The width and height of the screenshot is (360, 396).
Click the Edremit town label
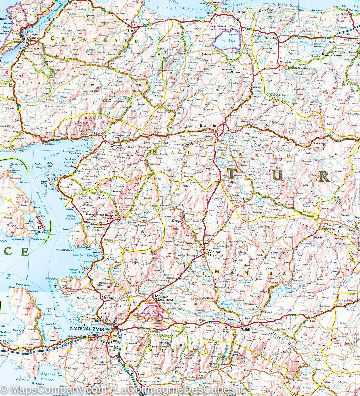(x=99, y=133)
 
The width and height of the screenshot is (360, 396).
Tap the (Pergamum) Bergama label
(x=99, y=214)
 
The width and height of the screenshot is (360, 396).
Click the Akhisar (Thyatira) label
(x=214, y=254)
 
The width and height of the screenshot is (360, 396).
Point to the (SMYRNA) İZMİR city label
(x=85, y=329)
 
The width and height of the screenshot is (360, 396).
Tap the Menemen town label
(x=109, y=298)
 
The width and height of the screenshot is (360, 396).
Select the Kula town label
(x=313, y=320)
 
